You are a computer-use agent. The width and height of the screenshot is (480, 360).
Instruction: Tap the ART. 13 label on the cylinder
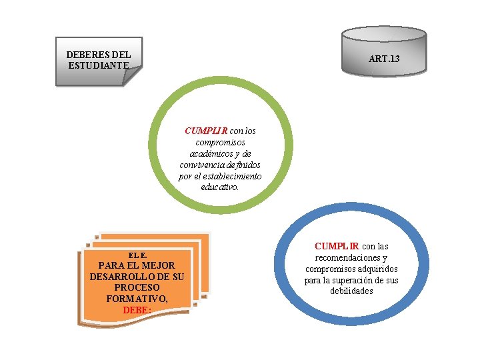coord(384,59)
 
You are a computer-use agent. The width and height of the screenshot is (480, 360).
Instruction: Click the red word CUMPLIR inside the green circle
coord(207,131)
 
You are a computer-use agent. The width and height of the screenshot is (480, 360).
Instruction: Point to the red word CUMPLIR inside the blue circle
coord(337,246)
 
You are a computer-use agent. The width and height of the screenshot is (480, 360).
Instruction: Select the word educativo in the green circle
coord(219,188)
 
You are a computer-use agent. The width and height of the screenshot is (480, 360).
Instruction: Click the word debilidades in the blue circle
coord(351,291)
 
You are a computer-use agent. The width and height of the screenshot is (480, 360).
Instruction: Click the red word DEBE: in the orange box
coord(137,310)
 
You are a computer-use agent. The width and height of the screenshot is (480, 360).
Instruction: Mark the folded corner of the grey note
coord(133,76)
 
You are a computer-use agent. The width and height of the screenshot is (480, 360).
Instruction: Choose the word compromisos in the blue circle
coord(330,269)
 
